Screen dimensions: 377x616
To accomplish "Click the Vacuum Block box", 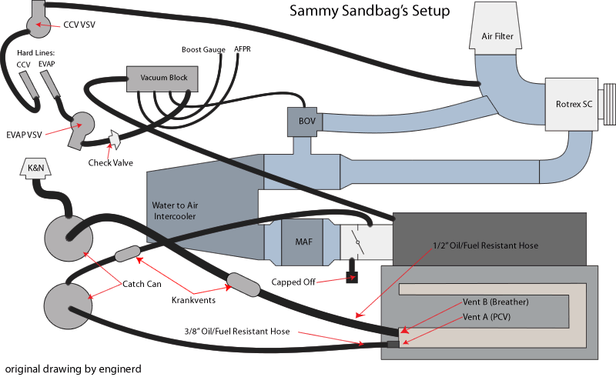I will pos(162,78).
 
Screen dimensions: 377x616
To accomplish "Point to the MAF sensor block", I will pos(303,241).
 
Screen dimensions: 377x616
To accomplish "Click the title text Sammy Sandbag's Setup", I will pos(370,12).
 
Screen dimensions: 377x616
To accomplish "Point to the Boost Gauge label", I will pos(203,50).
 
